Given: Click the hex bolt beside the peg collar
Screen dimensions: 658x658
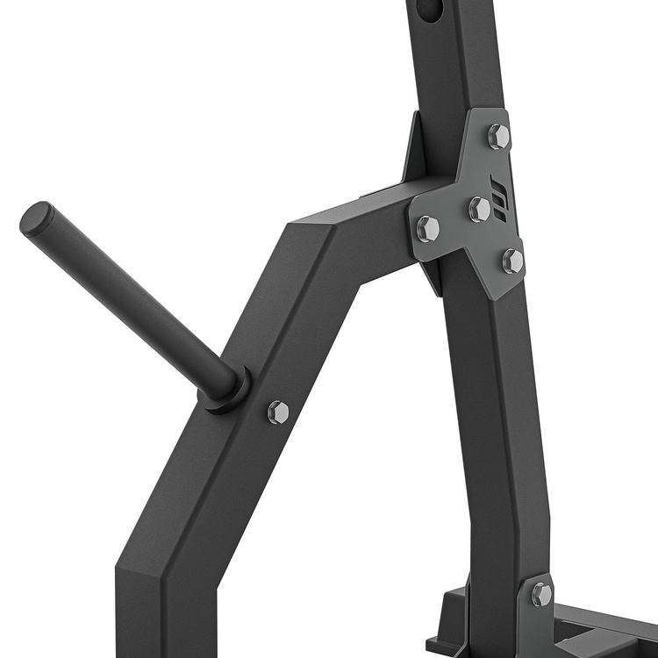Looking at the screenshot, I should (278, 411).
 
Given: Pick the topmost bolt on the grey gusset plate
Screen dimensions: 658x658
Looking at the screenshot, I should (498, 136).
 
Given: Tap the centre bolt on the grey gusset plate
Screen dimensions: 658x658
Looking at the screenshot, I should (479, 209).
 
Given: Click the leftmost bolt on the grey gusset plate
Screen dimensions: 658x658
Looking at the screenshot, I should (427, 228).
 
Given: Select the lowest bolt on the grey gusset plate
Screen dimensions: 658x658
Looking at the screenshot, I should (513, 261).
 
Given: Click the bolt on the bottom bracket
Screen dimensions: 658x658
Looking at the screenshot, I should (541, 594).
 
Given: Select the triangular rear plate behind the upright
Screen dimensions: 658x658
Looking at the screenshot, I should (413, 149).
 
